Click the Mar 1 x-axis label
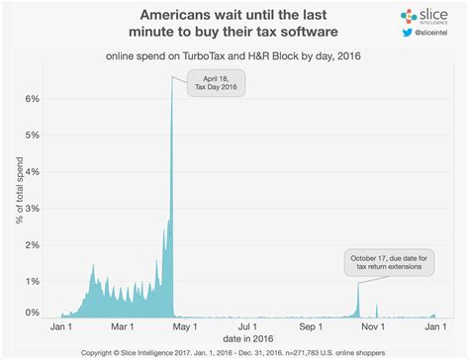point(123,325)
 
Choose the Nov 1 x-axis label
point(371,325)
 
